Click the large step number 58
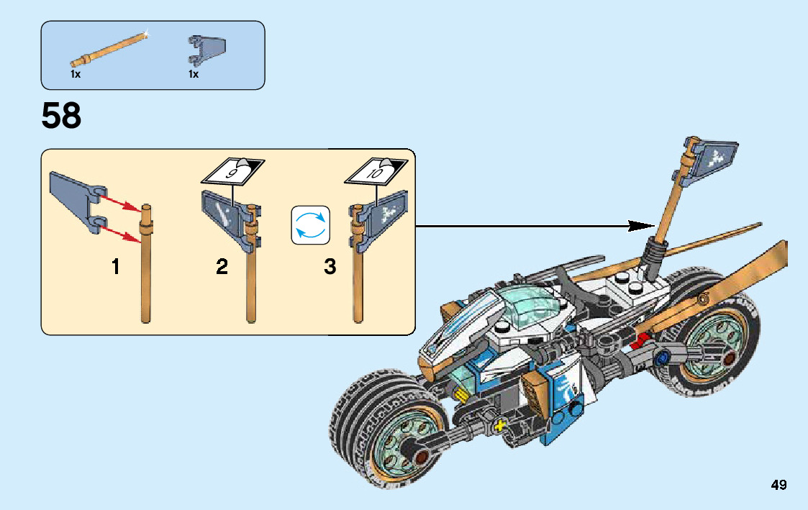62,117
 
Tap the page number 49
779,486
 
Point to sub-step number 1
116,268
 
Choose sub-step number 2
222,268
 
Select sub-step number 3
330,268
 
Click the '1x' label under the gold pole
76,74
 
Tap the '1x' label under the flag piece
194,74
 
